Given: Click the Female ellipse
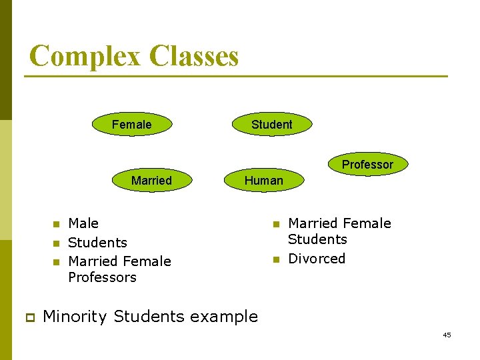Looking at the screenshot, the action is pos(131,125).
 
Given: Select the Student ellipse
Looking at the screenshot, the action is pos(271,125).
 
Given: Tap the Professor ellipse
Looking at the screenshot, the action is pos(367,164).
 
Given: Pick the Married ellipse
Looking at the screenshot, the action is pos(151,181).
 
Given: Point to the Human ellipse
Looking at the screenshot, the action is pos(263,181).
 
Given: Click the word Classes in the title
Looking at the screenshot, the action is pos(194,56).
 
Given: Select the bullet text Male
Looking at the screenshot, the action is pos(83,223).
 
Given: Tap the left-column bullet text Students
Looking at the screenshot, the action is pos(97,243).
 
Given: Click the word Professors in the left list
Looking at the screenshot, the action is pos(102,277).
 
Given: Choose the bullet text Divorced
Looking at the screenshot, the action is pos(317,259).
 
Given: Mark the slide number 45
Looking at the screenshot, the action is pos(447,335).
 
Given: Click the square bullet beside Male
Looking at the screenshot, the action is pos(57,224).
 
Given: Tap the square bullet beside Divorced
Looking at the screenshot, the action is pos(276,259).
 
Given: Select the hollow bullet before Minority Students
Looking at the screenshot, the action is pos(30,317).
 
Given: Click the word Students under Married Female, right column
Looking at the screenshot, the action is pos(317,239).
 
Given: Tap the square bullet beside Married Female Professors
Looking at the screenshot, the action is pos(57,262).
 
